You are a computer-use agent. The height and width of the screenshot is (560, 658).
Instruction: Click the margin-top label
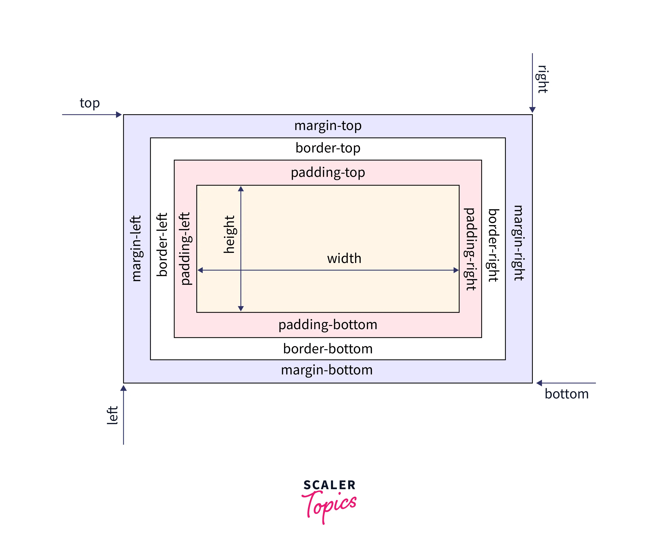coord(328,126)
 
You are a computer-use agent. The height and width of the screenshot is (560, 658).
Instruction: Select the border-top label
coord(328,148)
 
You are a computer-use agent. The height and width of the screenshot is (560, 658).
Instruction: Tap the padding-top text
coord(328,172)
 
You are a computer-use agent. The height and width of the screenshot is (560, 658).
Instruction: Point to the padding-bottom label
coord(328,325)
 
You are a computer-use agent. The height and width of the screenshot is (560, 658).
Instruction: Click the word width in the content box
coord(344,258)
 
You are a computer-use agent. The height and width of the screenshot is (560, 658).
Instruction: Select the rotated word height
coord(229,234)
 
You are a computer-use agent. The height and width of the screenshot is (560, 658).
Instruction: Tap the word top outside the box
coord(90,103)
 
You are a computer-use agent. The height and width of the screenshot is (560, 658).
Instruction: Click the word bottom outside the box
coord(566,394)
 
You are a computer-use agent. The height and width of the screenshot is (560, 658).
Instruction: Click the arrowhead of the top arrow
coord(119,115)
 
